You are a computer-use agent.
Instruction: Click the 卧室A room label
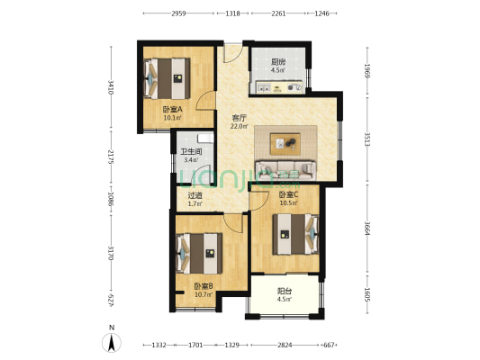click(x=172, y=109)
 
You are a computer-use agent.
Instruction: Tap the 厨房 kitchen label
click(x=278, y=62)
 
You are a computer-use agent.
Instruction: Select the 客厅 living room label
click(x=239, y=118)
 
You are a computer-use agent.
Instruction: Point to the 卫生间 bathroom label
click(x=191, y=152)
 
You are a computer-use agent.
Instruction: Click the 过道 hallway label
click(x=195, y=195)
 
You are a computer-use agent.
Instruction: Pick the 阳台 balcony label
click(x=285, y=291)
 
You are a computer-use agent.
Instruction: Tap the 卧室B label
click(x=204, y=286)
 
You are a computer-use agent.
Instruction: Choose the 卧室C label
click(x=288, y=194)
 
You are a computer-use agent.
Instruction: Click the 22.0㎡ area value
click(x=239, y=126)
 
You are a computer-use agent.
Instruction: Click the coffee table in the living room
click(x=285, y=144)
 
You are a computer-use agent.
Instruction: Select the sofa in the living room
click(x=285, y=170)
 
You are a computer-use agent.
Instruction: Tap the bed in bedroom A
click(x=167, y=78)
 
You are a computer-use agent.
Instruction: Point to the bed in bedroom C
click(x=295, y=234)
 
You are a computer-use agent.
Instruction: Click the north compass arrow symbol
click(x=112, y=343)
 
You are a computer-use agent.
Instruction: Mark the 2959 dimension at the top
click(x=178, y=13)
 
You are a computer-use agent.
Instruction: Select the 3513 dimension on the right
click(x=367, y=139)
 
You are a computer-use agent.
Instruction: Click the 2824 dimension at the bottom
click(x=285, y=346)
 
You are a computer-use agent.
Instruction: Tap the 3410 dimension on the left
click(x=111, y=87)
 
